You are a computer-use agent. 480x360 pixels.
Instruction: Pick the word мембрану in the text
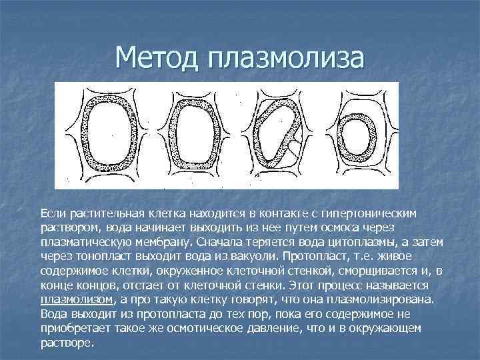click(x=162, y=242)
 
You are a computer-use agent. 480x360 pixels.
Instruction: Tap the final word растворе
click(x=67, y=342)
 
